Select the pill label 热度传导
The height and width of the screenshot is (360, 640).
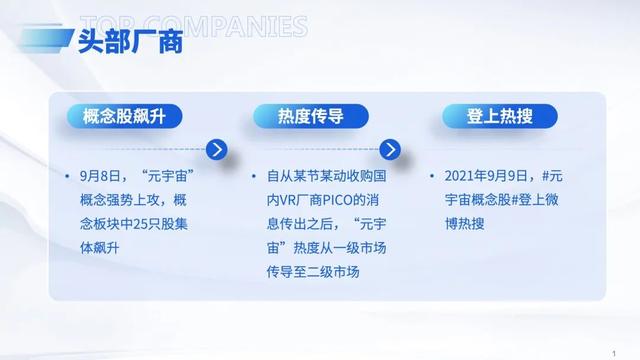tap(311, 117)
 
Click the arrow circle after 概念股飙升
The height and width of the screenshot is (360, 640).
tap(216, 151)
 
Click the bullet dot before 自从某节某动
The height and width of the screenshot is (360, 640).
tap(255, 175)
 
